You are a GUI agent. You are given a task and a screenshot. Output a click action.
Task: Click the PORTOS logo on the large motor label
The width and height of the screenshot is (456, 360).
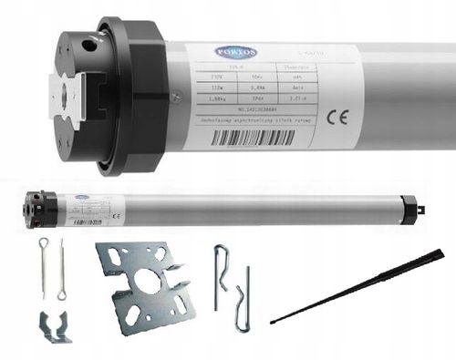point(233,52)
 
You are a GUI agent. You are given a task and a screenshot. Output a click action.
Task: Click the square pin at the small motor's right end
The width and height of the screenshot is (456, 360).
point(420,209)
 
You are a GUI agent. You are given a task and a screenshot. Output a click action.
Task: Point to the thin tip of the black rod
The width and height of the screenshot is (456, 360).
point(275,320)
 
